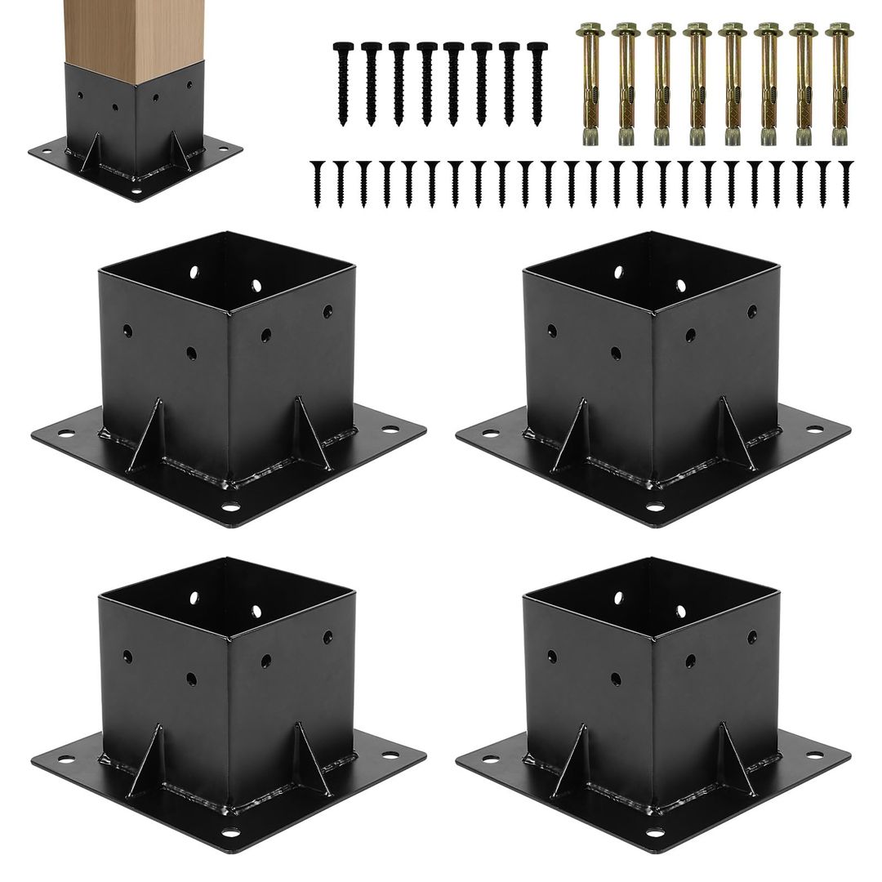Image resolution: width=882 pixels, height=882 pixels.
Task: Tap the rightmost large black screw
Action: pos(537,82)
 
